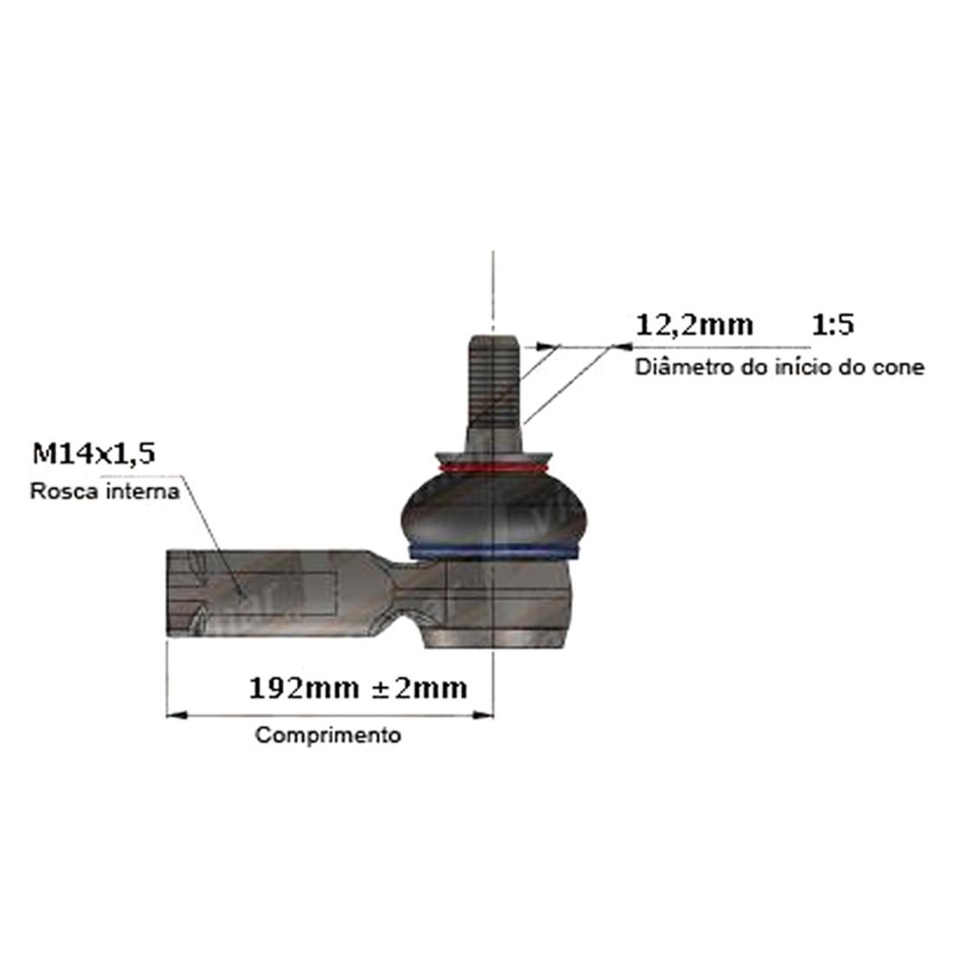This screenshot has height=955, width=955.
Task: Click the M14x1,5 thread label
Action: [94, 454]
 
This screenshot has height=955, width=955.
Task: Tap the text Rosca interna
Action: [105, 491]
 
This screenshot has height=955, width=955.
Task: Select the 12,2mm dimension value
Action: [695, 326]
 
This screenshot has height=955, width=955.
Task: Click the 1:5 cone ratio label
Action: [833, 325]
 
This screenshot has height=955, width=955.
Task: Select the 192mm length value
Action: [304, 688]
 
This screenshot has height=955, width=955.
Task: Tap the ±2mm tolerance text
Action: [420, 688]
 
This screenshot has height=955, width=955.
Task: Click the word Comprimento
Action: [328, 735]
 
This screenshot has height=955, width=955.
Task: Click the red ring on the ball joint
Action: [493, 468]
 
